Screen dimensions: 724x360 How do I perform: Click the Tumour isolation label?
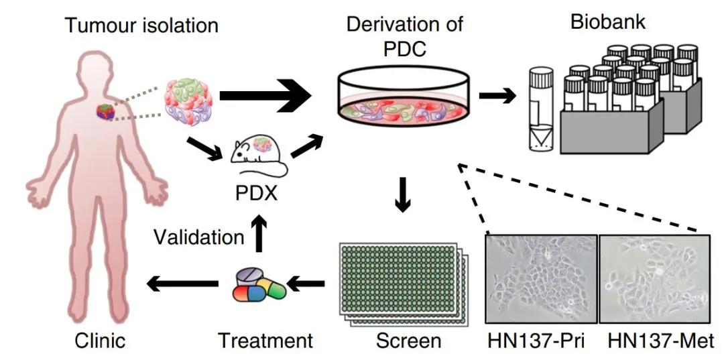tap(141, 25)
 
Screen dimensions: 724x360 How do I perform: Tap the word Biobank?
tap(608, 21)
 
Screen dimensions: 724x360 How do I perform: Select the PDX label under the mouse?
tap(257, 192)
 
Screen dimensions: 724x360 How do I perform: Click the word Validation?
tap(199, 237)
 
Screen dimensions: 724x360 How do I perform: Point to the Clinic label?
tap(100, 341)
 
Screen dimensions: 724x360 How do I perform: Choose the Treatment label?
tap(265, 341)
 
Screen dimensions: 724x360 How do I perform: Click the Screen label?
tap(408, 341)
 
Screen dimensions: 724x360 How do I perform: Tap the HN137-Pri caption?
tap(536, 341)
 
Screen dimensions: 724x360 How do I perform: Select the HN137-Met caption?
tap(661, 341)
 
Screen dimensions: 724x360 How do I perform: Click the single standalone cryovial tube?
tap(541, 110)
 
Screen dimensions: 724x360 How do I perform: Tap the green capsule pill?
tap(276, 288)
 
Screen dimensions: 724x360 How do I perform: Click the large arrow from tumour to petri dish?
tap(265, 96)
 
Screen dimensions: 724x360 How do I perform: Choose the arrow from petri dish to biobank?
tap(497, 96)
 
